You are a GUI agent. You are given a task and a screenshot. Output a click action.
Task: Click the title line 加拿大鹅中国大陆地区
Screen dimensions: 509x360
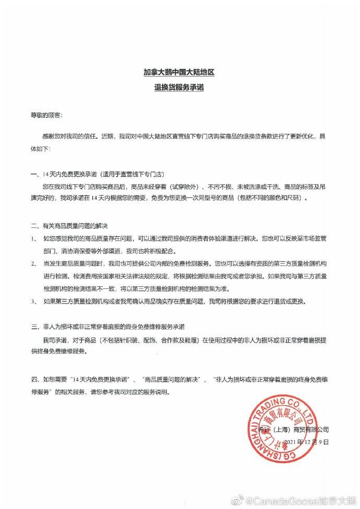tap(179, 74)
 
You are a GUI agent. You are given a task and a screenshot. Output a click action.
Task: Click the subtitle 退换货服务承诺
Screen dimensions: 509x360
tap(179, 88)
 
